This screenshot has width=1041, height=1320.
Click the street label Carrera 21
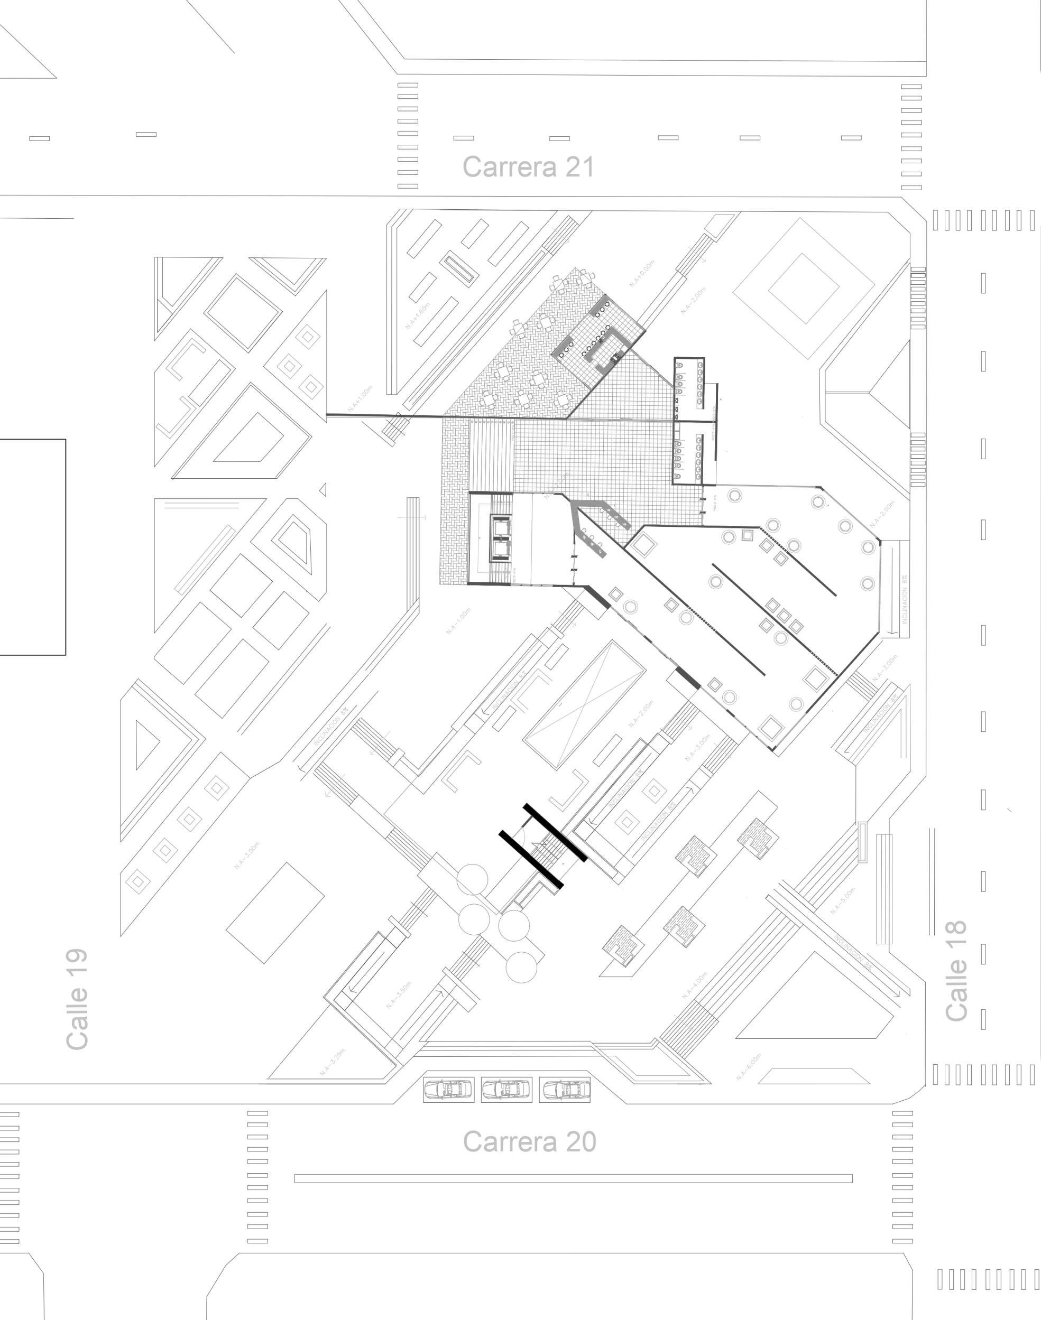click(x=528, y=167)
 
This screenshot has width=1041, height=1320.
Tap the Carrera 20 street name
click(x=529, y=1141)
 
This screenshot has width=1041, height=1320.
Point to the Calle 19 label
click(x=77, y=999)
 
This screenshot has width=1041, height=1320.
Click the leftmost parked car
click(x=448, y=1089)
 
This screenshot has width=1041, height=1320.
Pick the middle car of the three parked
click(x=506, y=1089)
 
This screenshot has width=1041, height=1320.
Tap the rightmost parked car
click(x=565, y=1089)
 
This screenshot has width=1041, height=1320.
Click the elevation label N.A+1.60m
click(x=418, y=315)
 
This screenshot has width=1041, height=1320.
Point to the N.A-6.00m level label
click(x=749, y=1066)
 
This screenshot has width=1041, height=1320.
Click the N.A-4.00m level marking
click(x=695, y=985)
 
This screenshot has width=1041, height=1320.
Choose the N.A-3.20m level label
click(x=332, y=1062)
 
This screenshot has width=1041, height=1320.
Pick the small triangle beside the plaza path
click(x=323, y=489)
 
